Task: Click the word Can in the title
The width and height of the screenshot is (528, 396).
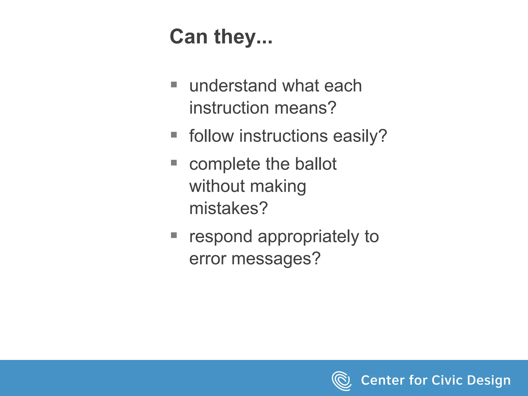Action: [x=188, y=37]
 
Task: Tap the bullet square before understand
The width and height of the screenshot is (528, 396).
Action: [x=174, y=85]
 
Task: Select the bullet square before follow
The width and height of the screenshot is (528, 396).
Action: [x=174, y=135]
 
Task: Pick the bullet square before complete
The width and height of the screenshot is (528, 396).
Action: [x=174, y=163]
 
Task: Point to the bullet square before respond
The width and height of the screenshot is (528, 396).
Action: [x=174, y=235]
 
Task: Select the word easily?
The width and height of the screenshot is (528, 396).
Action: [x=360, y=136]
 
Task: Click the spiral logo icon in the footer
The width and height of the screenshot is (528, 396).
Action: [x=341, y=381]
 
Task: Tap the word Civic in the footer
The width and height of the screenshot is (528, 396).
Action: [x=447, y=380]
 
